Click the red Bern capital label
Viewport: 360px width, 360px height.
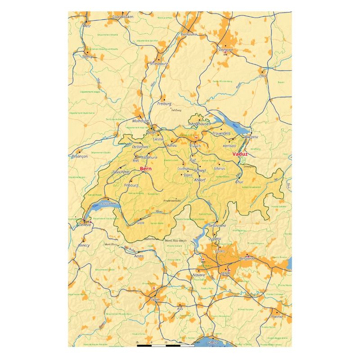coord(146,169)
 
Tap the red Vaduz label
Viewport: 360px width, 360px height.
coord(240,154)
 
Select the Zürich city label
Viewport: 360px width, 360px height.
coord(195,146)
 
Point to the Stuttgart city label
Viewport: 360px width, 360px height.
coord(225,50)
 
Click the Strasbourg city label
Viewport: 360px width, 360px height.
coord(158,64)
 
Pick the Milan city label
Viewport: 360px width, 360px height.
coord(225,274)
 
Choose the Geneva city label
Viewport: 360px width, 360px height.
coord(84,225)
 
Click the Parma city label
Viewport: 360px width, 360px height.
coord(277,316)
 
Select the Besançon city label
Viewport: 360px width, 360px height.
coord(80,156)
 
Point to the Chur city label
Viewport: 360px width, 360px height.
coord(239,182)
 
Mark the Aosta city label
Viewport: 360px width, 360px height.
coord(139,256)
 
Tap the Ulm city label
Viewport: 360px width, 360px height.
coord(262,76)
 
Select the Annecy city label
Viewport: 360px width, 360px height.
coord(84,245)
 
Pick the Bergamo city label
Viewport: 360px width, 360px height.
coord(247,258)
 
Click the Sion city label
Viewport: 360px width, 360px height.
coord(140,222)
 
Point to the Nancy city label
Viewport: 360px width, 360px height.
coord(87,57)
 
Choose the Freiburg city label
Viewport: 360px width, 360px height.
coord(164,104)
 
